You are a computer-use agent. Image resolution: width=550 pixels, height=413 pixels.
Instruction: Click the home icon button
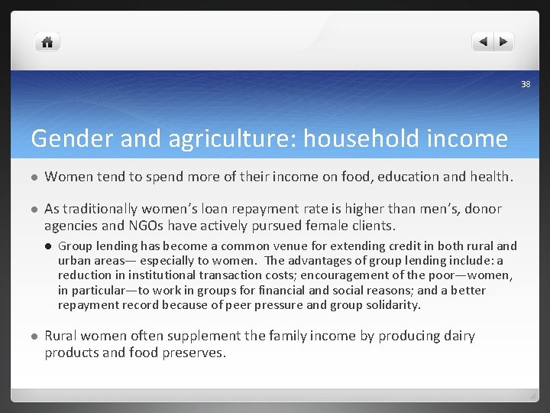(47, 43)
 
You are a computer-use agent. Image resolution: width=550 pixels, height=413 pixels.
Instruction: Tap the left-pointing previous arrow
(483, 42)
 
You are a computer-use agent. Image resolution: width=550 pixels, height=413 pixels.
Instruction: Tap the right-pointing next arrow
(504, 42)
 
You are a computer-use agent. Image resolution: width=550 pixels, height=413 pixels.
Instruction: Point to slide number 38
(526, 84)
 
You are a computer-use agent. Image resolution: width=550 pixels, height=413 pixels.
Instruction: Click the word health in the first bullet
(489, 177)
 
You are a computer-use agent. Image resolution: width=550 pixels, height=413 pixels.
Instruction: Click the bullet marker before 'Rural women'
(34, 337)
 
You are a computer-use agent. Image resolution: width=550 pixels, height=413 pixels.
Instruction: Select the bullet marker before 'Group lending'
(48, 246)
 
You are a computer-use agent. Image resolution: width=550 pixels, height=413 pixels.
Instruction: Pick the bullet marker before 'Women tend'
(34, 177)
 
